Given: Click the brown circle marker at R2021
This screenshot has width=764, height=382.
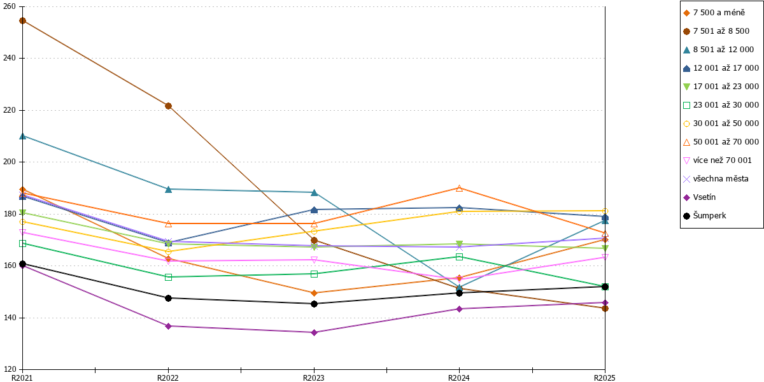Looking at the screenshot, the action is tap(22, 21).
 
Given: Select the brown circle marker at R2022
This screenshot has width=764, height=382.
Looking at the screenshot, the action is tap(168, 106).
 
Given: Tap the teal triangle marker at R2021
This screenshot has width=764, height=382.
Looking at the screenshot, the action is tap(22, 136).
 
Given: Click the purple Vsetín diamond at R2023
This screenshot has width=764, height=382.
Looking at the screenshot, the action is tap(314, 332).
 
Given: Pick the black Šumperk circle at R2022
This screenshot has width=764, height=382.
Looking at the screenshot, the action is tap(168, 298).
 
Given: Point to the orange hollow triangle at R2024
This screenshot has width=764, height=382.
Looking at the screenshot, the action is tap(460, 188).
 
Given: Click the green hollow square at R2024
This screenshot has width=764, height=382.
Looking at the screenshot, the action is tap(460, 257).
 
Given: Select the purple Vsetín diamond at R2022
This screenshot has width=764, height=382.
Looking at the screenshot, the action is tap(168, 326).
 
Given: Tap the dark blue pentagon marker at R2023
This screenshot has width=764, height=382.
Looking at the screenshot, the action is tap(314, 209).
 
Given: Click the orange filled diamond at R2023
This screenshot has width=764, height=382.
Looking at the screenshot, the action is tap(314, 293).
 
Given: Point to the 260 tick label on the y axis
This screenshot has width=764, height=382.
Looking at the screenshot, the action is tap(10, 6).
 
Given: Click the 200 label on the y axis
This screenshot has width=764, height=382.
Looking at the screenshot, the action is tap(10, 162).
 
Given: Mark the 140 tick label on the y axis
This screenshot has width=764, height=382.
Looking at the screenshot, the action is tap(10, 318).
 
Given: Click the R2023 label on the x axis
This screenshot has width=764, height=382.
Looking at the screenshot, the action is tap(314, 378).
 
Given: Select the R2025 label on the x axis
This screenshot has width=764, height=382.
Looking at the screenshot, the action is tap(605, 378).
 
